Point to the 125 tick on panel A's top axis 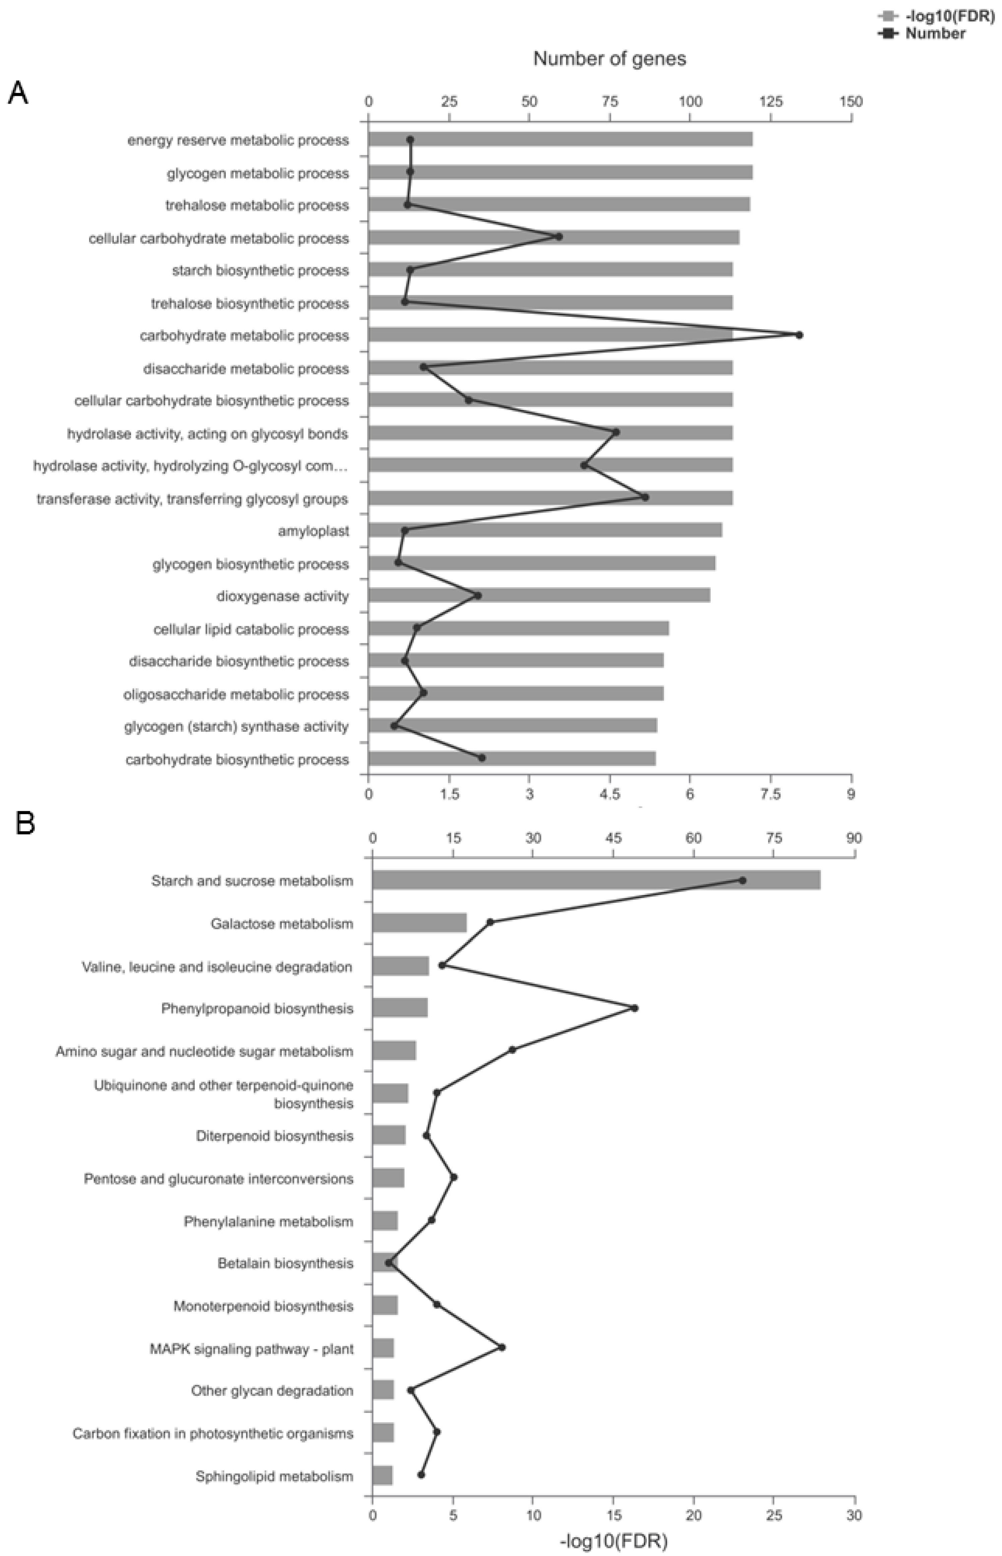771,102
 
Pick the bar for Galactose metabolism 420,923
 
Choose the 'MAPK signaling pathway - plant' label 252,1349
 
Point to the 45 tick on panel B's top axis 614,838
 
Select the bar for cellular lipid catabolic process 518,629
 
